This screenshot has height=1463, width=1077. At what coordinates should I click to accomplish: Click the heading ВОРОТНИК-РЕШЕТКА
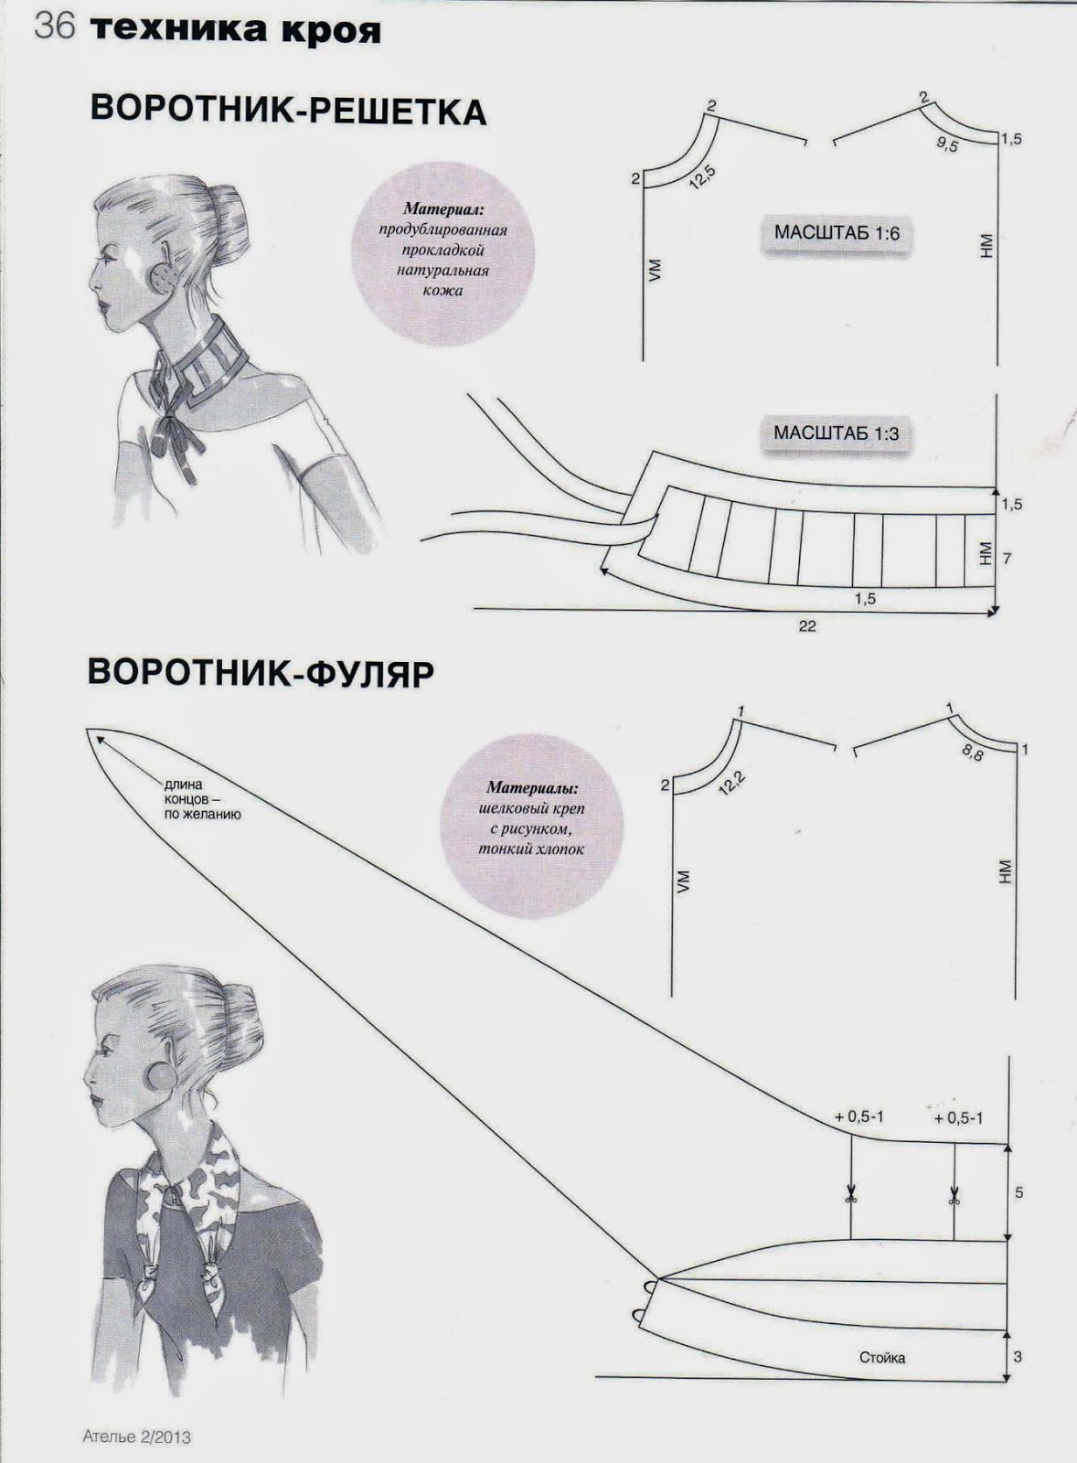coord(288,111)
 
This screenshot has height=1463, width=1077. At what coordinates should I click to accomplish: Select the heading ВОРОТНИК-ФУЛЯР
coord(260,671)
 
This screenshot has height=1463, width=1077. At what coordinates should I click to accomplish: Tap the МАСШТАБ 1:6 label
coord(837,233)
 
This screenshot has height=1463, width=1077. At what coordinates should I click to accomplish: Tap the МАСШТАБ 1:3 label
coord(836,432)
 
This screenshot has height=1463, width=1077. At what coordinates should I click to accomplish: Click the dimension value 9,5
coord(947,144)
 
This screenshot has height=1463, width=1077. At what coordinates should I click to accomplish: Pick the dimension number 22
coord(807,626)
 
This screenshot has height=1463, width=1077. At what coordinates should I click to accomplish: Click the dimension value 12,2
coord(731,782)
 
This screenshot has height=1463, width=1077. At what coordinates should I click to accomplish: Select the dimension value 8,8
coord(972,753)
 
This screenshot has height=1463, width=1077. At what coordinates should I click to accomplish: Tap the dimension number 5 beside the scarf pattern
coord(1019,1192)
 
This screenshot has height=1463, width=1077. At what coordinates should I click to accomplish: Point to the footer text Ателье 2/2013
coord(137,1436)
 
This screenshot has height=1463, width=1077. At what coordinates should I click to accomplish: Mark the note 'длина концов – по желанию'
coord(202,798)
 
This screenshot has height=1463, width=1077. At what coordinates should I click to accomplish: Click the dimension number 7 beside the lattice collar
coord(1008,557)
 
